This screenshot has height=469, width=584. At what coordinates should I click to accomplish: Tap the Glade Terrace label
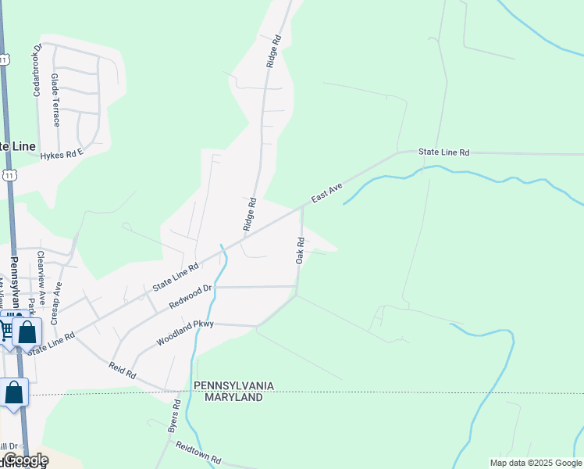[x=55, y=95]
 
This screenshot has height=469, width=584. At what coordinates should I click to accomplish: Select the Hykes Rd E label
[x=62, y=156]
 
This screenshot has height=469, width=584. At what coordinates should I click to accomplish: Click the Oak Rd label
[x=299, y=250]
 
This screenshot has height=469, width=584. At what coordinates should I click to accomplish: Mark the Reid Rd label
[x=123, y=371]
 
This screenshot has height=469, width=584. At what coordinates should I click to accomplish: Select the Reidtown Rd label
[x=200, y=453]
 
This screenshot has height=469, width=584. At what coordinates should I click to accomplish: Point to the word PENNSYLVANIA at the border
[x=233, y=386]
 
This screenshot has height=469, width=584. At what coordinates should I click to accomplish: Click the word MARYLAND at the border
[x=233, y=397]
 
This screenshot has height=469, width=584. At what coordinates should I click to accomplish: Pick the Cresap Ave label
[x=56, y=298]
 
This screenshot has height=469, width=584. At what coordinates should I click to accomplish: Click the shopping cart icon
[x=6, y=329]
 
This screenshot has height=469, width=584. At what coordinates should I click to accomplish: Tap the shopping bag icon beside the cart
[x=27, y=332]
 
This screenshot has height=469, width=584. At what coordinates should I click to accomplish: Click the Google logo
[x=26, y=460]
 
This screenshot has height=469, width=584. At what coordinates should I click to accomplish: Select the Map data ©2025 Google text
[x=536, y=463]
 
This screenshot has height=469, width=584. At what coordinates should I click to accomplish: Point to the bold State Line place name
[x=16, y=146]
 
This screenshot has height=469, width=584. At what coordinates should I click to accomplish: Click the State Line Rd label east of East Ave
[x=443, y=152]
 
